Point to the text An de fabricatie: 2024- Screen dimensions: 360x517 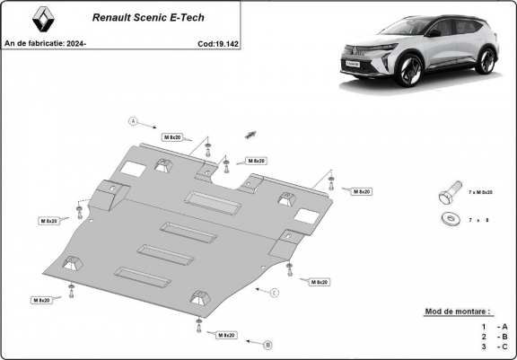tap(44, 42)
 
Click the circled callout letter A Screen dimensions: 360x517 tap(132, 121)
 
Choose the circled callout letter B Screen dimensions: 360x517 tap(267, 345)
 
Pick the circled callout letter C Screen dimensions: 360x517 tap(275, 294)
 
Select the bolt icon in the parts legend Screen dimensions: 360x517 tap(447, 197)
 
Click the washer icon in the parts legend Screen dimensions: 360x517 tap(448, 220)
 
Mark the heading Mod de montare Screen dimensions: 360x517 tap(464, 312)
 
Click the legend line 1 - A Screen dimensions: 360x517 tap(495, 326)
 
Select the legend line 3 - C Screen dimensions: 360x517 tap(495, 347)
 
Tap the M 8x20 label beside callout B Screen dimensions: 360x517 tap(225, 335)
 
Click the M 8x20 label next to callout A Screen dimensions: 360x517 tap(172, 136)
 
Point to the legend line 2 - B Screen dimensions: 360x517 tap(495, 337)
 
